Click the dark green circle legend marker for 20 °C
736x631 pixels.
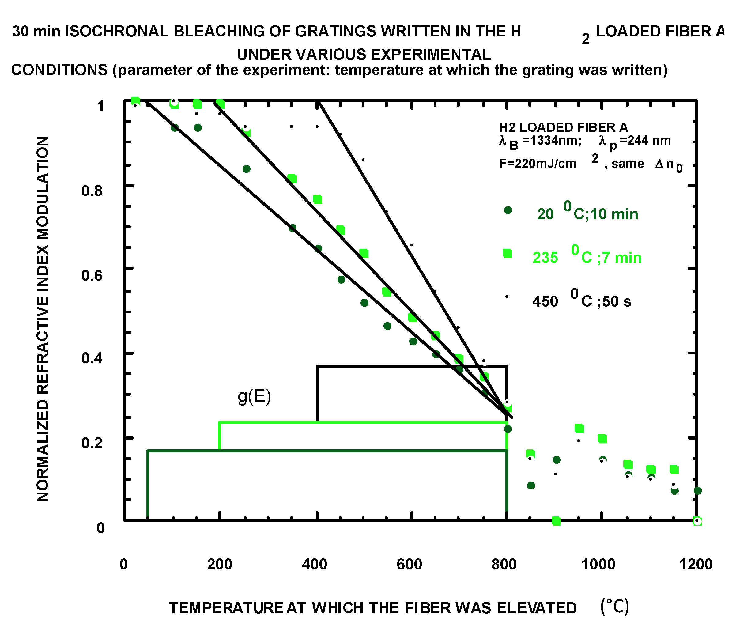pyautogui.click(x=508, y=210)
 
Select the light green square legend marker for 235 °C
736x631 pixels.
pyautogui.click(x=508, y=253)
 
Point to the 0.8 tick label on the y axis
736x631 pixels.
pyautogui.click(x=92, y=191)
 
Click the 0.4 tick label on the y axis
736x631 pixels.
pyautogui.click(x=92, y=358)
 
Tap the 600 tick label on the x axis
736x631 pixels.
pyautogui.click(x=410, y=564)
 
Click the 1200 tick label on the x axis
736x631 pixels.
pyautogui.click(x=696, y=564)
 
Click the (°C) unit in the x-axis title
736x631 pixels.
pyautogui.click(x=614, y=607)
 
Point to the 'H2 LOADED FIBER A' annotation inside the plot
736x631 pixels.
pyautogui.click(x=563, y=127)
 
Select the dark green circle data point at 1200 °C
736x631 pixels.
pyautogui.click(x=698, y=491)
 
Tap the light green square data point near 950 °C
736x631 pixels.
pyautogui.click(x=579, y=429)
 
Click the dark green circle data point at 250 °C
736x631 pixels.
pyautogui.click(x=247, y=169)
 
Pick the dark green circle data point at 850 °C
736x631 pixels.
pyautogui.click(x=531, y=485)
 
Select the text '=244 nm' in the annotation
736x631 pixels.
pyautogui.click(x=645, y=141)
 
